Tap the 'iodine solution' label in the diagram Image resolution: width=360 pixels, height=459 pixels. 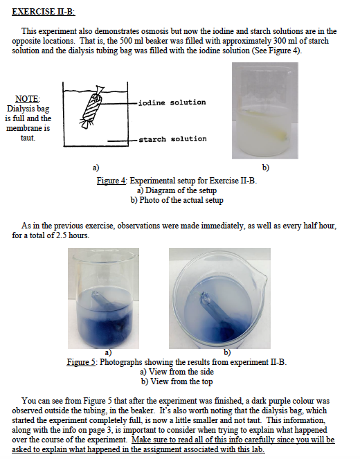[x=172, y=102]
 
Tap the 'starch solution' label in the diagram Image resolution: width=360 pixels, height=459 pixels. [x=172, y=139]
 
